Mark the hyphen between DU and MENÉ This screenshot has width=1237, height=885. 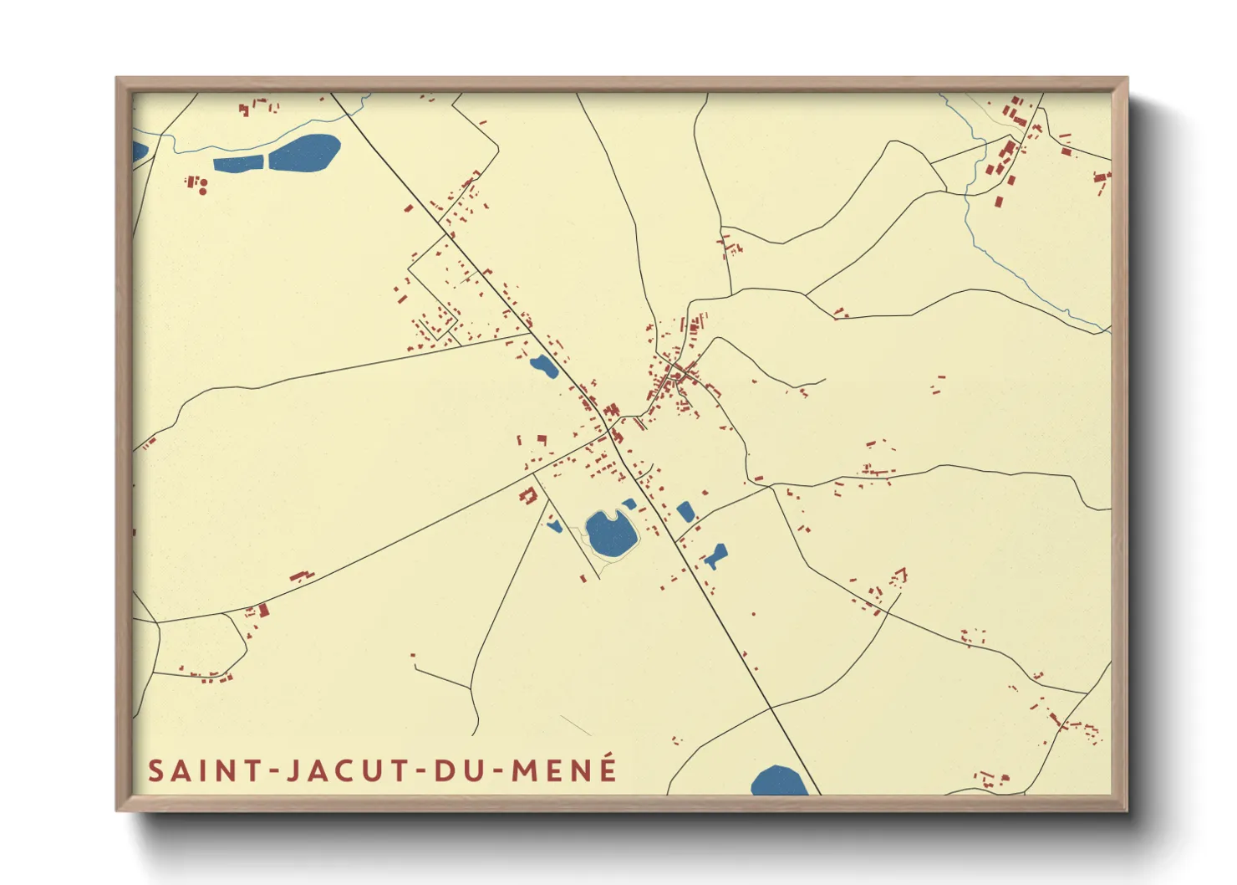coord(496,771)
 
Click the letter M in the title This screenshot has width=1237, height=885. coord(525,770)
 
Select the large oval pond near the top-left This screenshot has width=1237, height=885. coord(304,151)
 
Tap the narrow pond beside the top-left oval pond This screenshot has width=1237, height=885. coord(238,163)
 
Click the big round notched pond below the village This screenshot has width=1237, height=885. coord(611,535)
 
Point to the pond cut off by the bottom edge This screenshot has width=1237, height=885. coord(779,781)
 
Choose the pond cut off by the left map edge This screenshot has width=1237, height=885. coord(139,152)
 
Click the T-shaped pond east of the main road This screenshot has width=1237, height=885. coord(715,555)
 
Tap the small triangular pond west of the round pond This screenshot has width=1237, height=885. coord(554,526)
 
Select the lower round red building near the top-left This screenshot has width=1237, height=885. coord(203,192)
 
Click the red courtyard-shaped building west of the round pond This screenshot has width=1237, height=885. coord(527,496)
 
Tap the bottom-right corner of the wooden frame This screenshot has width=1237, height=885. coord(1126,809)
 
